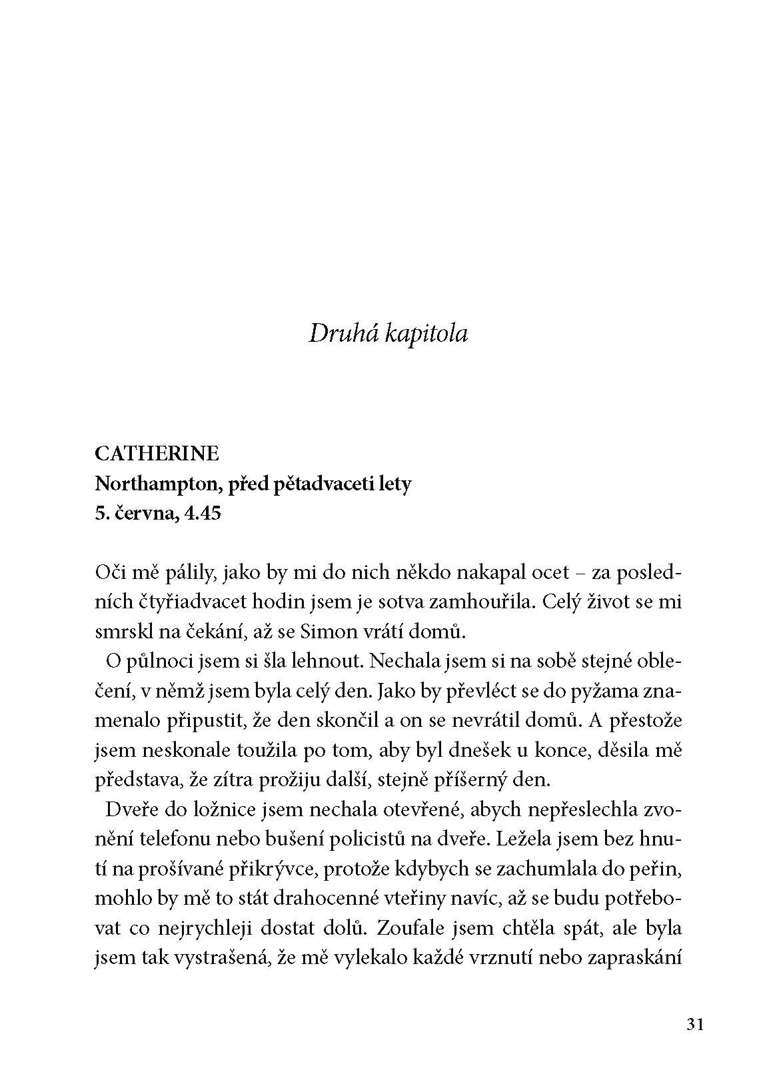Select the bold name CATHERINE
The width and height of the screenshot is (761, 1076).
157,454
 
